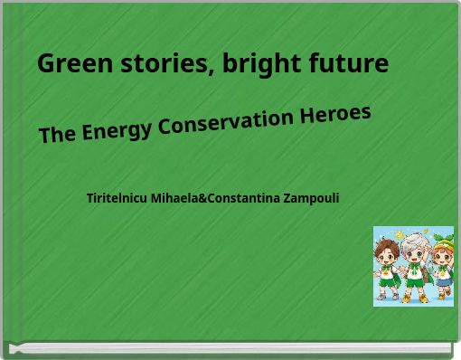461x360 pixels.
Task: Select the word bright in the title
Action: tap(261, 65)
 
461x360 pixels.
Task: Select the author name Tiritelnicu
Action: tap(118, 197)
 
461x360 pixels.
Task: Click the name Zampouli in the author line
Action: tap(311, 197)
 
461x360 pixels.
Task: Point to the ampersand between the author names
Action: tap(202, 197)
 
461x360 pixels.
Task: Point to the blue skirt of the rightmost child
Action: tap(443, 281)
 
